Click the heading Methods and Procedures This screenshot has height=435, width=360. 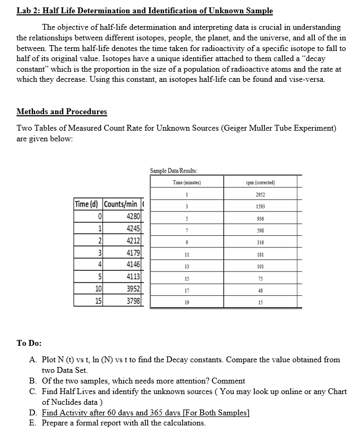pyautogui.click(x=62, y=112)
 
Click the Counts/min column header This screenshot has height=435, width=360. pyautogui.click(x=121, y=204)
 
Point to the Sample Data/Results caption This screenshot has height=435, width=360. pyautogui.click(x=173, y=170)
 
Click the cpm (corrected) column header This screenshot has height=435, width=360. pyautogui.click(x=260, y=183)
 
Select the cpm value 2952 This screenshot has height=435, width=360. pyautogui.click(x=260, y=194)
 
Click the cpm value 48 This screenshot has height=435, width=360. pyautogui.click(x=260, y=291)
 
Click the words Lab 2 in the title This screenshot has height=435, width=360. pyautogui.click(x=28, y=11)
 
